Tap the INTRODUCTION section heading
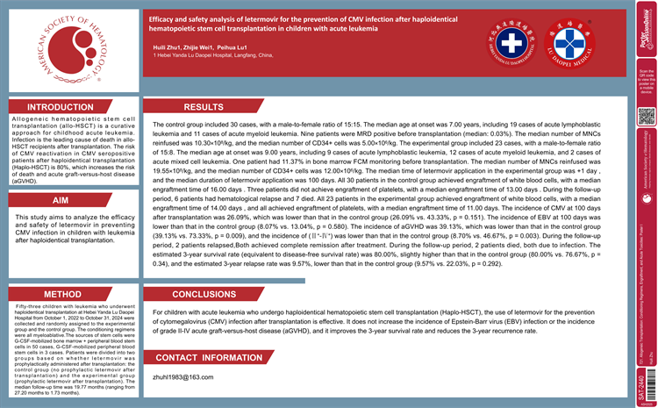click(61, 107)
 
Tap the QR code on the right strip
click(646, 116)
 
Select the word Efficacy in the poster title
click(168, 17)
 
